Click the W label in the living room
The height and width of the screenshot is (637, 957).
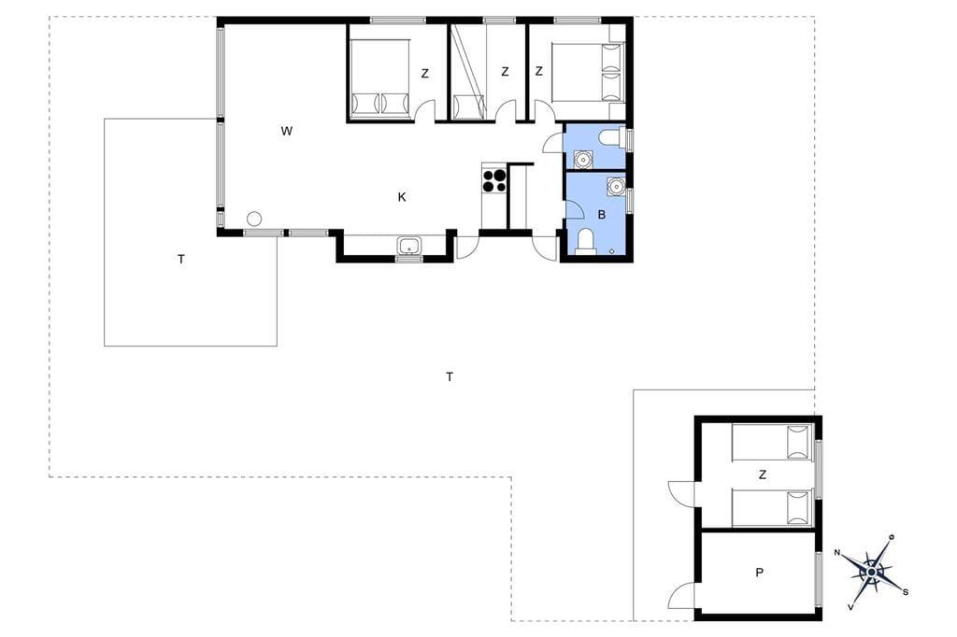pos(287,131)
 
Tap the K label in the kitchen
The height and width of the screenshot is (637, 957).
pos(402,196)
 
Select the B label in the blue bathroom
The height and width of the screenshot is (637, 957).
pos(602,215)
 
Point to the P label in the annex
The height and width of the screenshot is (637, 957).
pos(759,573)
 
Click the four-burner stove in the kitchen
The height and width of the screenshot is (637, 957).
pos(494,180)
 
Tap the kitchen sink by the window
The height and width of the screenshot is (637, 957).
pos(409,247)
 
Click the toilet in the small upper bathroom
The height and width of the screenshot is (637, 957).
pos(611,137)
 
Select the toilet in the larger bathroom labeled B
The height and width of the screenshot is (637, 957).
pos(586,241)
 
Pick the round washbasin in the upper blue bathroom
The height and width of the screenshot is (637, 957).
pos(584,159)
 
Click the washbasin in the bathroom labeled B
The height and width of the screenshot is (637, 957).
pos(616,186)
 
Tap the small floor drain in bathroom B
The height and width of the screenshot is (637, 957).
pos(613,250)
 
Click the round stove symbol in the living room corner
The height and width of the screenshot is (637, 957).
pos(254,219)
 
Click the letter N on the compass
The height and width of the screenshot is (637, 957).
pos(837,553)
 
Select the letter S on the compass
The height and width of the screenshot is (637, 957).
pos(906,592)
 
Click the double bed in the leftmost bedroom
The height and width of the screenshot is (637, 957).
pos(379,78)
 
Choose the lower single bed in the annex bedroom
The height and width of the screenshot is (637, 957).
pos(772,508)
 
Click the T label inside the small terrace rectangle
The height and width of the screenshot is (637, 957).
pos(181,260)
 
